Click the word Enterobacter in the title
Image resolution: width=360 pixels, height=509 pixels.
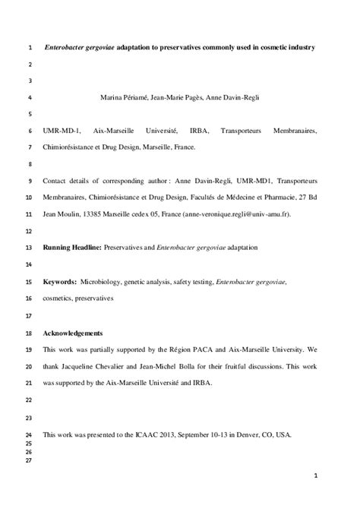(x=72, y=47)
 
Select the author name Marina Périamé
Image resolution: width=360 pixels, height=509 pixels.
(x=125, y=97)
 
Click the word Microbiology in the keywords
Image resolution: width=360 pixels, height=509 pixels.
(x=104, y=281)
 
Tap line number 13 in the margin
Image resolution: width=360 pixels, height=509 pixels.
(x=29, y=248)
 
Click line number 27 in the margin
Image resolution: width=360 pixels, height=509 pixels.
(x=29, y=460)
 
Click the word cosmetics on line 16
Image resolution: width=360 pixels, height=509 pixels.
(x=59, y=299)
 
